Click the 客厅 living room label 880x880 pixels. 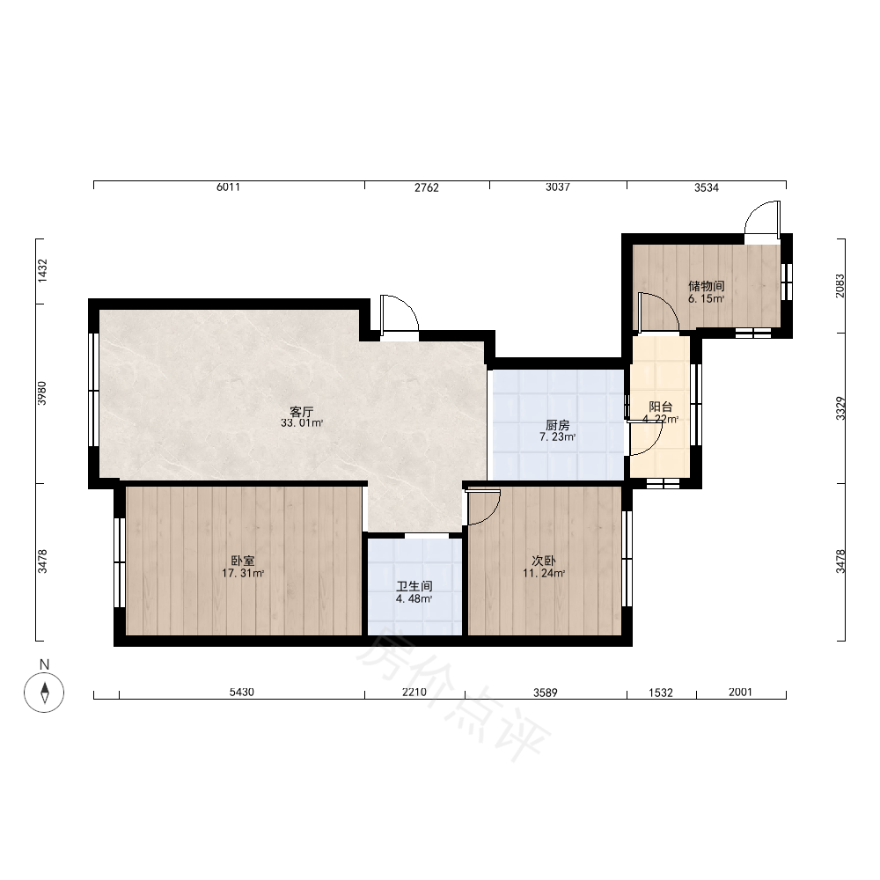click(301, 411)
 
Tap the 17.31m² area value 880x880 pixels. click(243, 574)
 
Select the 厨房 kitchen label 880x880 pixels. click(557, 425)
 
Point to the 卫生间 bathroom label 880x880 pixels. click(414, 586)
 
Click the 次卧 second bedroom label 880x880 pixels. click(544, 561)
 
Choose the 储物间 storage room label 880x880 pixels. click(707, 286)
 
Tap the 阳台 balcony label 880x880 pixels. click(661, 407)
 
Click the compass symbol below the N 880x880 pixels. click(44, 692)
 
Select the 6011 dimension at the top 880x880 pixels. click(229, 187)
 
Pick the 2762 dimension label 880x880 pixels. click(427, 187)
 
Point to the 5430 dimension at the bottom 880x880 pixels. click(242, 692)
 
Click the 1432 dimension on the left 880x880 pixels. click(42, 270)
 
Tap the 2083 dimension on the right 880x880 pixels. click(840, 286)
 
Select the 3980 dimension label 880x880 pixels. click(42, 392)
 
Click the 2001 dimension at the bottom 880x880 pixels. click(740, 692)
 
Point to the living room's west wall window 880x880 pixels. click(94, 390)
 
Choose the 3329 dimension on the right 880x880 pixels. click(840, 408)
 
